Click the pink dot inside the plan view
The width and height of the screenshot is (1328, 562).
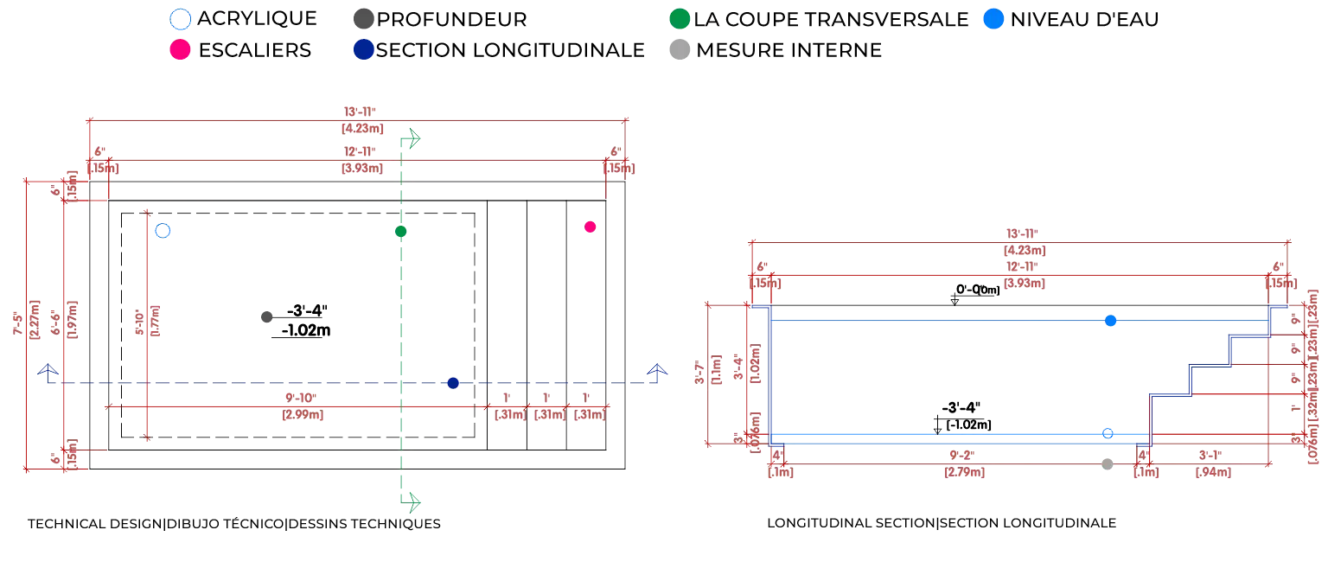point(591,227)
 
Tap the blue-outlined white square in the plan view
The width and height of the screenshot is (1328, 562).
point(163,232)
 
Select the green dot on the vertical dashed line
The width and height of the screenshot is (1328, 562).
point(400,232)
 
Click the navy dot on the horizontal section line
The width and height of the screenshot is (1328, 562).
point(452,383)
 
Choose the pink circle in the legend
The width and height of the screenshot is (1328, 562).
point(180,50)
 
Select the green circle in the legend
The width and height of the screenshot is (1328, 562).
point(679,18)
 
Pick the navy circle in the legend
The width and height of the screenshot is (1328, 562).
point(365,50)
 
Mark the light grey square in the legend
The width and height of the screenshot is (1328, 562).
point(679,50)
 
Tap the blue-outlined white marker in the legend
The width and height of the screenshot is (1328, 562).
point(180,18)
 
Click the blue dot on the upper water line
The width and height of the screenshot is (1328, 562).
point(1112,322)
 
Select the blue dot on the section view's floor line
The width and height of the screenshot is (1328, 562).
point(1107,432)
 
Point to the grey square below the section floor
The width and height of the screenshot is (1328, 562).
point(1107,463)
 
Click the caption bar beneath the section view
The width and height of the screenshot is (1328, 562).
point(943,522)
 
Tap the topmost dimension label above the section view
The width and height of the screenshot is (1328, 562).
point(1025,244)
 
